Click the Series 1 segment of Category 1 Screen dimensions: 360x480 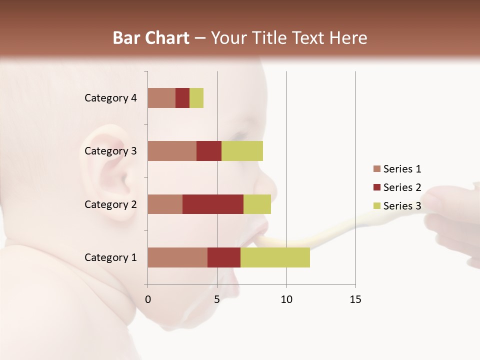pyautogui.click(x=177, y=257)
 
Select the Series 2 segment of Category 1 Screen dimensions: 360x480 pyautogui.click(x=224, y=257)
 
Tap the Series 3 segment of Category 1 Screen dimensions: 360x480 pyautogui.click(x=275, y=257)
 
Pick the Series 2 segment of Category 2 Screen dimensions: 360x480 pyautogui.click(x=213, y=204)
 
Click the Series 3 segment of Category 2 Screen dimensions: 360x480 pyautogui.click(x=257, y=204)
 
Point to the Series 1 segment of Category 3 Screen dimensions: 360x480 pyautogui.click(x=172, y=150)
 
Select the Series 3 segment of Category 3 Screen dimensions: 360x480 pyautogui.click(x=242, y=150)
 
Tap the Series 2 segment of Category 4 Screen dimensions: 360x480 pyautogui.click(x=182, y=98)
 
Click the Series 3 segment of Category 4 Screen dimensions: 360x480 pyautogui.click(x=196, y=98)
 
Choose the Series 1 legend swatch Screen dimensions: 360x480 pyautogui.click(x=377, y=169)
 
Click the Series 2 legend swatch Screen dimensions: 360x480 pyautogui.click(x=377, y=187)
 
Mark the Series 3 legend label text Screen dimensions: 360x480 pyautogui.click(x=402, y=206)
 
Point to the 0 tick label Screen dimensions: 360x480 pyautogui.click(x=148, y=299)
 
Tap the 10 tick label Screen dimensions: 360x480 pyautogui.click(x=286, y=299)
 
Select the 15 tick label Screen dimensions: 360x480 pyautogui.click(x=355, y=299)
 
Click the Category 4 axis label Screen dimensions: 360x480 pyautogui.click(x=110, y=98)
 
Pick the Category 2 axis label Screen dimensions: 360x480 pyautogui.click(x=110, y=204)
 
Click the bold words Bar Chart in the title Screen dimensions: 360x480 pyautogui.click(x=151, y=38)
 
